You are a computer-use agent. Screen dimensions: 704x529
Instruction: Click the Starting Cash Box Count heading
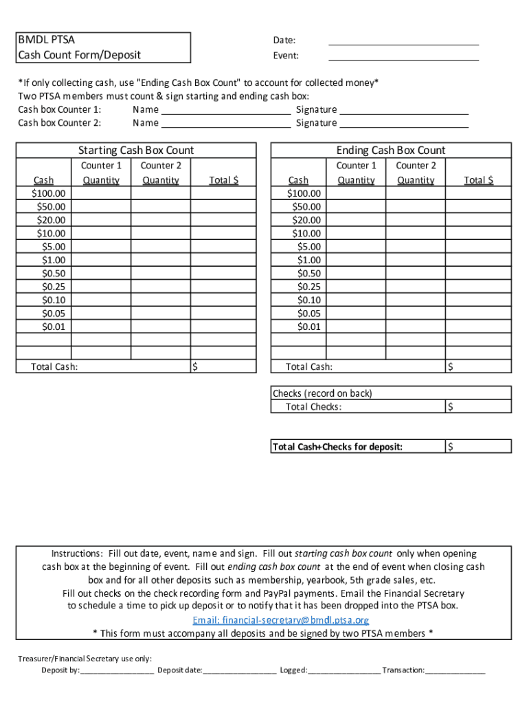136,150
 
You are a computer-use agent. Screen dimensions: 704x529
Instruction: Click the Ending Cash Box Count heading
391,150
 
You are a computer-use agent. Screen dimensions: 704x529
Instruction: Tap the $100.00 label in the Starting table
49,193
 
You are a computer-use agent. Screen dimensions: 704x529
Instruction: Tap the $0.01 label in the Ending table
308,327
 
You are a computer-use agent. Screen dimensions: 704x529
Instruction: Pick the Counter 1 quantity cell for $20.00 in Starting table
101,220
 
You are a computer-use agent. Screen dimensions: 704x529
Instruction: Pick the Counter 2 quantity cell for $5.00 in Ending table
415,246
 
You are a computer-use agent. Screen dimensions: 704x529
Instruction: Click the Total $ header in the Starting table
223,180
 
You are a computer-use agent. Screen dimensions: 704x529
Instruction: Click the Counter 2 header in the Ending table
416,165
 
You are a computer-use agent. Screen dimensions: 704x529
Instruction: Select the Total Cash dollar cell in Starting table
223,366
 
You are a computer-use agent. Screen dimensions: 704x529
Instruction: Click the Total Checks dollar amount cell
478,406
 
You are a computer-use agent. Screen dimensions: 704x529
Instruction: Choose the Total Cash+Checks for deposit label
338,447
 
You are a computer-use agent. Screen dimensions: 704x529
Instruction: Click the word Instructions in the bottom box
77,553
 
